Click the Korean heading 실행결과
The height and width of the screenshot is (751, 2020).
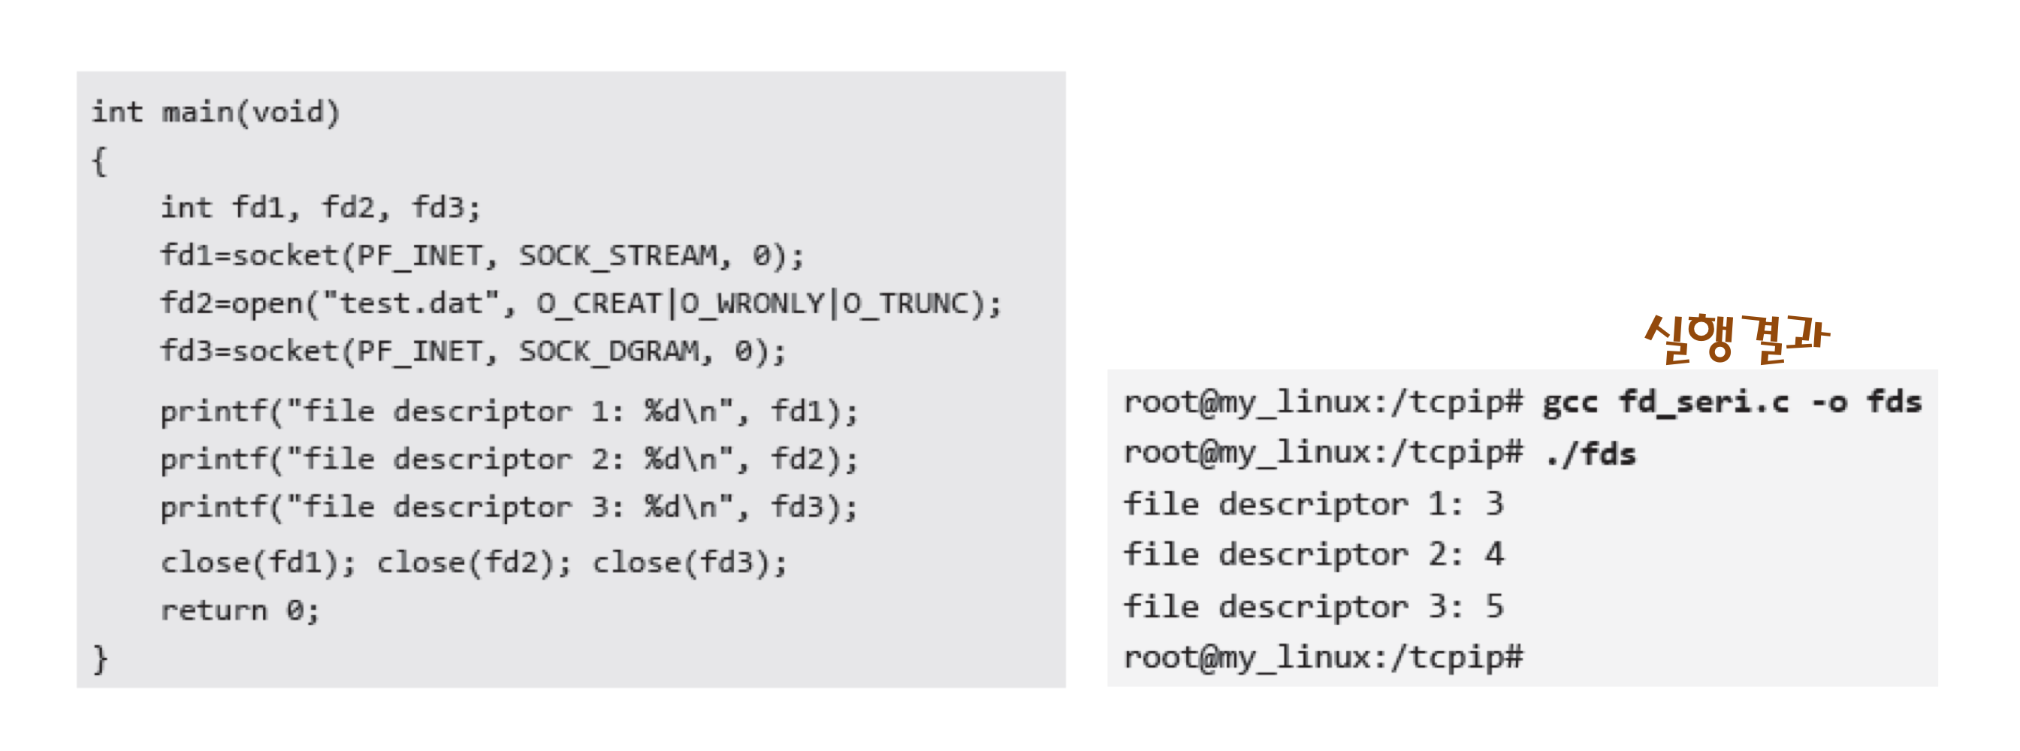(x=1736, y=337)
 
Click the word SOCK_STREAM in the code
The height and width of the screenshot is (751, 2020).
(x=617, y=255)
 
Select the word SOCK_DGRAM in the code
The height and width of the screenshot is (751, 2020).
(x=608, y=351)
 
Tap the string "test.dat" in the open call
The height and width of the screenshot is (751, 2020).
(x=410, y=303)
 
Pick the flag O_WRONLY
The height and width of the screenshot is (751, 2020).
(x=751, y=303)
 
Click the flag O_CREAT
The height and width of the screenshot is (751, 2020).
(x=599, y=303)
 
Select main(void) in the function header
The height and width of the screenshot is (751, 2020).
(x=250, y=112)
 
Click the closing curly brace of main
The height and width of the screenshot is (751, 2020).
(x=100, y=659)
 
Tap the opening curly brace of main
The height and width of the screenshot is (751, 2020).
(x=99, y=161)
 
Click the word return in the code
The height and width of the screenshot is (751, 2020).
(x=213, y=610)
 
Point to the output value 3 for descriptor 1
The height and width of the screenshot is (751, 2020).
(x=1494, y=504)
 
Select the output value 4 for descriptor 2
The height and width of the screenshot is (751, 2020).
(x=1494, y=555)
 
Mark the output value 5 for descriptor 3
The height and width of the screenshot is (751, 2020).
(x=1494, y=606)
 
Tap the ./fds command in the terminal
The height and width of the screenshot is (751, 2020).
(x=1590, y=453)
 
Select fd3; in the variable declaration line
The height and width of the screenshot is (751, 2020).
(x=445, y=208)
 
